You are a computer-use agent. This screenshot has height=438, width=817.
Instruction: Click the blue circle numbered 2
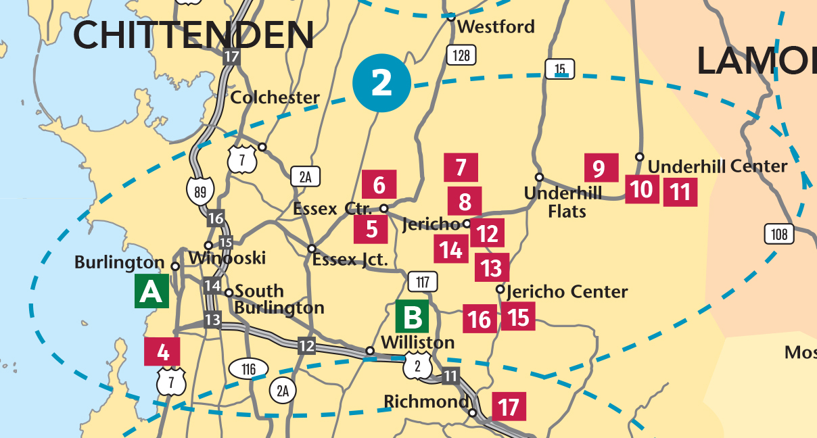click(382, 83)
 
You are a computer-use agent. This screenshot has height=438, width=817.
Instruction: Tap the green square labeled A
click(151, 291)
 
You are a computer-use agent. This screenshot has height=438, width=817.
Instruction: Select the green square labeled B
click(412, 316)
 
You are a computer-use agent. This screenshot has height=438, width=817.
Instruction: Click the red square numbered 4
click(162, 351)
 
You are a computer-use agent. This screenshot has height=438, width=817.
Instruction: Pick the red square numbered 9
click(598, 168)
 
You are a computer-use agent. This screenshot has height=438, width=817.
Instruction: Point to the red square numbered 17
click(509, 407)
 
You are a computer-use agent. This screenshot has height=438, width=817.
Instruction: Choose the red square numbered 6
click(379, 185)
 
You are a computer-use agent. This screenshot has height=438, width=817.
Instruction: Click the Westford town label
click(496, 27)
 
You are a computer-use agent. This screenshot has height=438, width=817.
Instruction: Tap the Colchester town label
click(275, 97)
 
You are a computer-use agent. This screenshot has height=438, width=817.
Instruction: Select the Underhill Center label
click(718, 166)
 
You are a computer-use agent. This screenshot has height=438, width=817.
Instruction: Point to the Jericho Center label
click(567, 292)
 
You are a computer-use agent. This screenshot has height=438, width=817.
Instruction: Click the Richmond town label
click(426, 402)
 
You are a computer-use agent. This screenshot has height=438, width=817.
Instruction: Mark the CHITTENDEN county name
click(193, 34)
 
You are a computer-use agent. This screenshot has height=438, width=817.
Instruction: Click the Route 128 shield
click(461, 55)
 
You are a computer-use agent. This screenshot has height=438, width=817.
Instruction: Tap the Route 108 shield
click(779, 235)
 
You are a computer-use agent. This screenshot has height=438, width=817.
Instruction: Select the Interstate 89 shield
click(200, 191)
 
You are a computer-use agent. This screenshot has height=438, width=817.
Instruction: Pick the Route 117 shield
click(423, 281)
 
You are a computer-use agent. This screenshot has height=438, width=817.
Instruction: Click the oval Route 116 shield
click(248, 369)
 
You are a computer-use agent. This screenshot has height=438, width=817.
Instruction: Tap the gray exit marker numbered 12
click(306, 346)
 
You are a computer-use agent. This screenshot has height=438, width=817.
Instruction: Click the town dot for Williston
click(370, 351)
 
